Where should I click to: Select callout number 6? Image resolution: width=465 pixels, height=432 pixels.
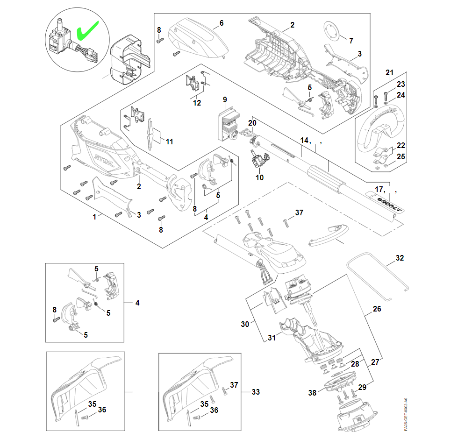222,22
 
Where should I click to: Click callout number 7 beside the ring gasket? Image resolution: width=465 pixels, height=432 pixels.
351,40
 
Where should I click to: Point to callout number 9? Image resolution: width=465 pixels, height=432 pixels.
225,99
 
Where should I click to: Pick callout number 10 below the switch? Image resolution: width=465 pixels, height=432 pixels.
259,177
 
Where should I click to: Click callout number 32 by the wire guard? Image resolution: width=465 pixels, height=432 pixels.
400,258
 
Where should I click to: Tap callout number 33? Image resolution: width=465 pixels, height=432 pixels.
255,392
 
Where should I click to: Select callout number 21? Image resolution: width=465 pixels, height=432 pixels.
390,72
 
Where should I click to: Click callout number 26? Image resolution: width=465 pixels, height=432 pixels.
377,309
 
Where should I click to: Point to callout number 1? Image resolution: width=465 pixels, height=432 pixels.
94,217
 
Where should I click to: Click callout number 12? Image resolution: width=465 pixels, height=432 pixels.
197,103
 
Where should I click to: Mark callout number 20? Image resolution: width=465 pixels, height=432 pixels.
252,123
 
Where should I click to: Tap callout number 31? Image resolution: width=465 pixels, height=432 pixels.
272,338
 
